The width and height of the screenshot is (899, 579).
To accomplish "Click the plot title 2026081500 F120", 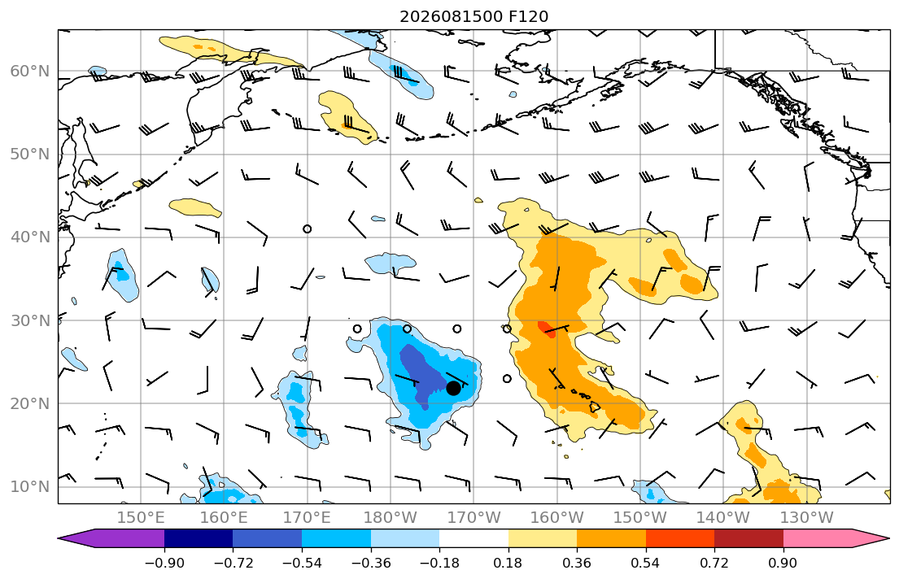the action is [x=474, y=16].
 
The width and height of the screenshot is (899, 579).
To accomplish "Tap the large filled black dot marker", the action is [x=453, y=388].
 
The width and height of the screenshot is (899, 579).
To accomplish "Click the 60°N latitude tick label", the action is [x=30, y=71].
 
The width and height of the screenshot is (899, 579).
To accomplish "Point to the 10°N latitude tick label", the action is [x=30, y=487].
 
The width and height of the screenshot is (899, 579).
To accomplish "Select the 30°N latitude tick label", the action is [x=30, y=320].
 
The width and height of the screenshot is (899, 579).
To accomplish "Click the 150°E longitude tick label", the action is [x=141, y=518].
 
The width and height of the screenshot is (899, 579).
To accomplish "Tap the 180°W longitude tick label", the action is [x=391, y=518].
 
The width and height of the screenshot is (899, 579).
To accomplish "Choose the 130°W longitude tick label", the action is [x=807, y=518].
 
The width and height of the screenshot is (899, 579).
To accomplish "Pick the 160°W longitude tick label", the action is [x=556, y=518].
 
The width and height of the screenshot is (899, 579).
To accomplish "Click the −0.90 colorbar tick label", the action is [x=164, y=563].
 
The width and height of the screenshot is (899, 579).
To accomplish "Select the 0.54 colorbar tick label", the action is [x=646, y=563].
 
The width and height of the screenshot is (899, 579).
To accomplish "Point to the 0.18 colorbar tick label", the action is [x=508, y=563].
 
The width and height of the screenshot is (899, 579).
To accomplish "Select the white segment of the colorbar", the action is [x=474, y=538].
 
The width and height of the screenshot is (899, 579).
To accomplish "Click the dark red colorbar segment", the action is [x=748, y=538].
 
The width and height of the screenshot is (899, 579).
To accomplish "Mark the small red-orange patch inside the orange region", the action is [x=547, y=329].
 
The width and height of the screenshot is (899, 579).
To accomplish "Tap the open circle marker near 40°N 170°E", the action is [x=308, y=229].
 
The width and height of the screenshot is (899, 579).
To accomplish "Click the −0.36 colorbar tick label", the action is [x=370, y=563].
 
